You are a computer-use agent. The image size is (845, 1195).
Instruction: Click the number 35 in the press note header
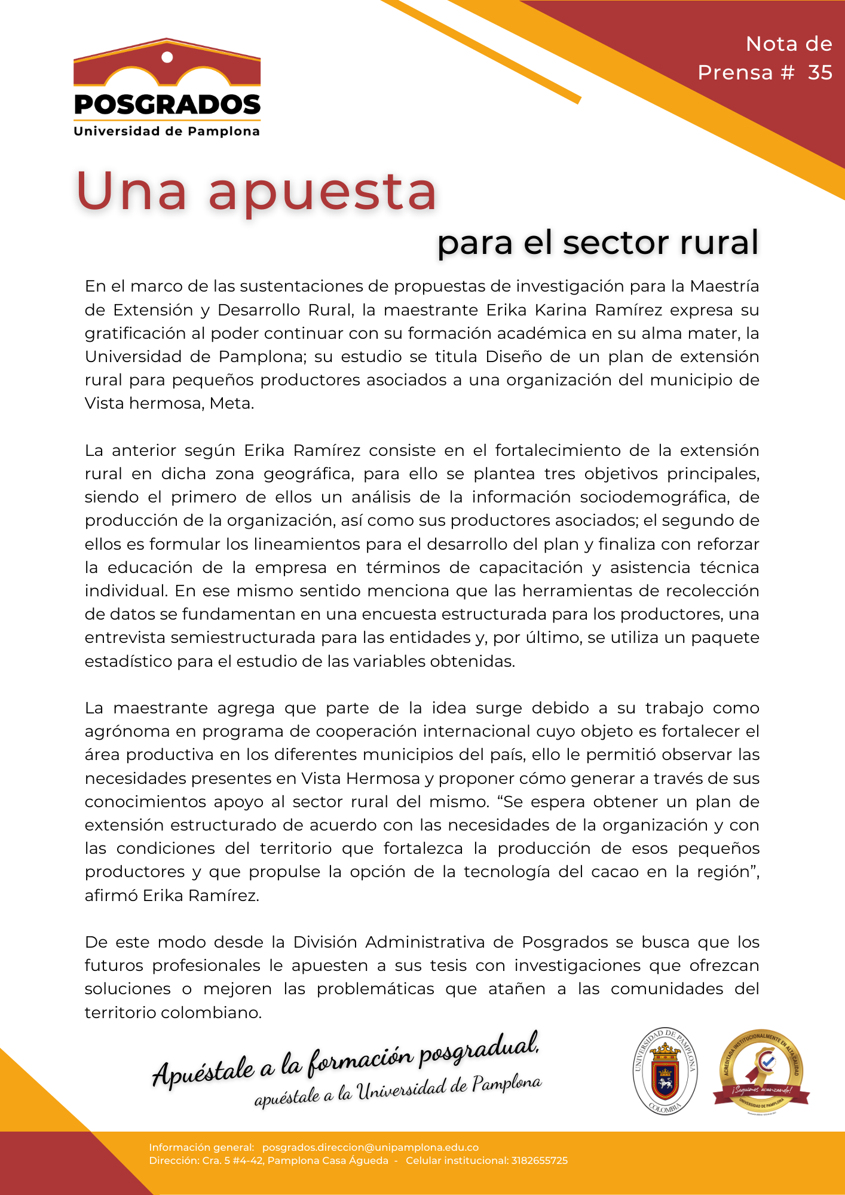tap(820, 72)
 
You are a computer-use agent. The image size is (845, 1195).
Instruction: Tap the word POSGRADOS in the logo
tap(167, 105)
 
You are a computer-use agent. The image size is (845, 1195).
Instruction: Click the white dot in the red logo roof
tap(167, 57)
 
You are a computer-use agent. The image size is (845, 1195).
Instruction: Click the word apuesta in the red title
tap(323, 192)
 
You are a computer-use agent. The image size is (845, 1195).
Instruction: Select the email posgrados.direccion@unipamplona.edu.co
tap(371, 1147)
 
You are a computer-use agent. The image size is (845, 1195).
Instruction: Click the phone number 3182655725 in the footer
tap(540, 1160)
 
